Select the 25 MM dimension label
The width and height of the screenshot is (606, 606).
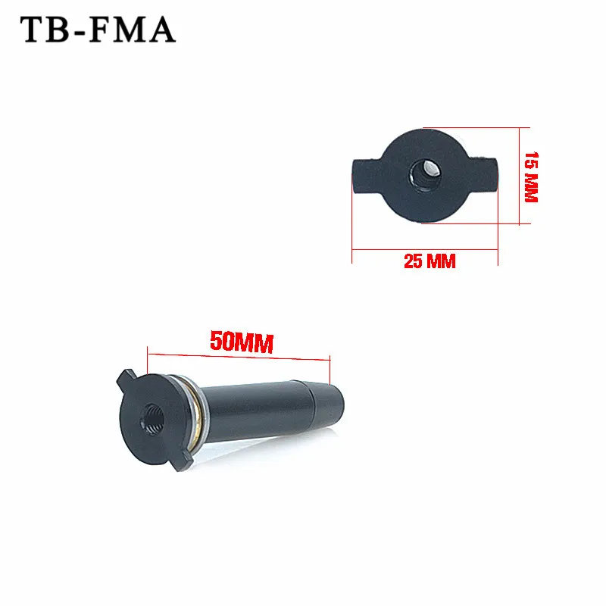click(x=430, y=262)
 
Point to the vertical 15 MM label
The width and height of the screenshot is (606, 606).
click(x=531, y=176)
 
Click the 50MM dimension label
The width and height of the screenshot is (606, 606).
click(x=240, y=342)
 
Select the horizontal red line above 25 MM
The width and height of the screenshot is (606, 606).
click(x=425, y=248)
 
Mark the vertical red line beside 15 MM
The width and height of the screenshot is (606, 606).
click(x=519, y=176)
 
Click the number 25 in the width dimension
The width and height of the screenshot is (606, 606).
click(x=414, y=262)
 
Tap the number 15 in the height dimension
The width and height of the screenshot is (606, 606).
click(x=531, y=161)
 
